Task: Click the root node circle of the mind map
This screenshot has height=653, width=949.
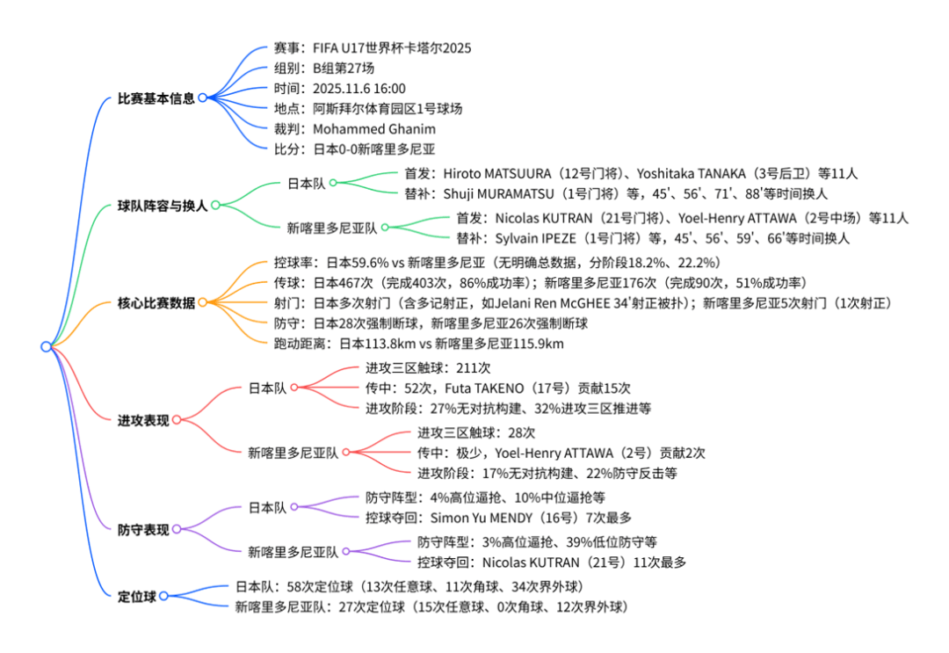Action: pyautogui.click(x=46, y=346)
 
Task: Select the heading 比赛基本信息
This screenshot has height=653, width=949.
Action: pyautogui.click(x=156, y=98)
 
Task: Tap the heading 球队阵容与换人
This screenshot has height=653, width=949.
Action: pyautogui.click(x=163, y=206)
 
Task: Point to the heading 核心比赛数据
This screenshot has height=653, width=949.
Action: pyautogui.click(x=156, y=302)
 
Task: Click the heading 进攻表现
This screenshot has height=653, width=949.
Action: pyautogui.click(x=143, y=420)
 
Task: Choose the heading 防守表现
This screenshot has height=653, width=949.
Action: pyautogui.click(x=143, y=530)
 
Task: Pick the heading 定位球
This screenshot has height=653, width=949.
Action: pyautogui.click(x=137, y=597)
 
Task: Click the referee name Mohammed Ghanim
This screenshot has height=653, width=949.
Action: pyautogui.click(x=374, y=129)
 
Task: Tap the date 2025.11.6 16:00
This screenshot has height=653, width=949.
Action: pyautogui.click(x=359, y=89)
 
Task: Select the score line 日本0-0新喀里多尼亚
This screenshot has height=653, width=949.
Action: pyautogui.click(x=374, y=149)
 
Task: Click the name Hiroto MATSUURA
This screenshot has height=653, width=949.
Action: pyautogui.click(x=496, y=174)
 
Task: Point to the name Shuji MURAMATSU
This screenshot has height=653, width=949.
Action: pyautogui.click(x=498, y=193)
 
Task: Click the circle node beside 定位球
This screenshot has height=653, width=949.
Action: pyautogui.click(x=163, y=596)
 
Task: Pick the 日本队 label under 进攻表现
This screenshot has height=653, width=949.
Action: pyautogui.click(x=267, y=388)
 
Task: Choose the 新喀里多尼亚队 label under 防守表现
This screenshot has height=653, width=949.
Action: pyautogui.click(x=293, y=552)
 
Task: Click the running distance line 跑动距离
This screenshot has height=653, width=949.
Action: pyautogui.click(x=418, y=344)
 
